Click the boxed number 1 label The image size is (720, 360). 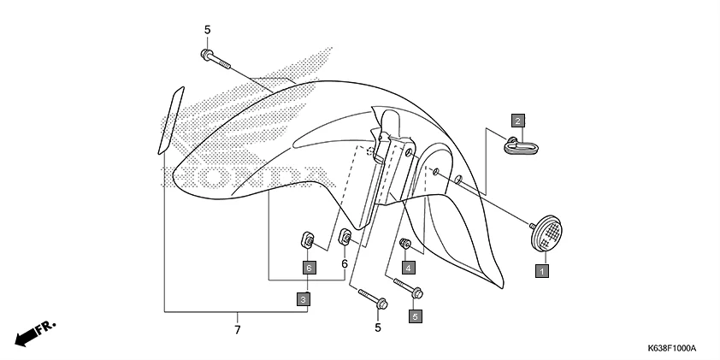pos(540,271)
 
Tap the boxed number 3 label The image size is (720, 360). pos(304,298)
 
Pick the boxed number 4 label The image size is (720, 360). pos(409,268)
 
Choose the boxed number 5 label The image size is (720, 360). pos(416,316)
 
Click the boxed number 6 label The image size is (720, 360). pos(309,268)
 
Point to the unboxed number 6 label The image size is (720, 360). pos(345,264)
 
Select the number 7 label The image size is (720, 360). pos(237,328)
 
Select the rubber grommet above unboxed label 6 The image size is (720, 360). pos(345,237)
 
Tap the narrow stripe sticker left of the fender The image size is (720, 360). pos(169,119)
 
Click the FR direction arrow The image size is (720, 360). pos(37,332)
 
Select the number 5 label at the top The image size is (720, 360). pos(207,30)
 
